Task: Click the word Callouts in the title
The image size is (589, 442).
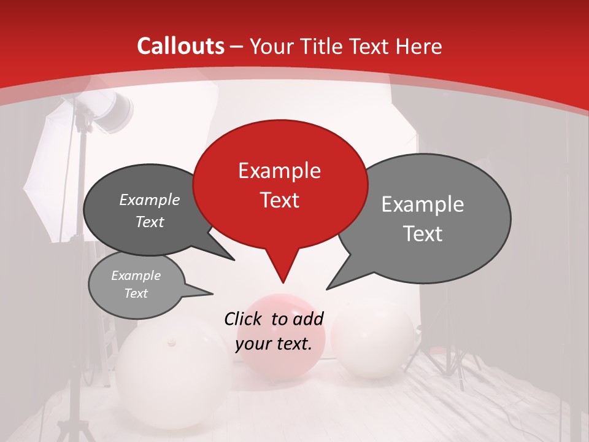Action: [180, 46]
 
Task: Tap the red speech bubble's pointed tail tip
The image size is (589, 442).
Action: [283, 282]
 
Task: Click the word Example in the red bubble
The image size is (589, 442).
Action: [279, 171]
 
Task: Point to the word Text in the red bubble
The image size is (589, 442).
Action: [279, 200]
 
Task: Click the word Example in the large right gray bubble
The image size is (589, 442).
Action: [423, 204]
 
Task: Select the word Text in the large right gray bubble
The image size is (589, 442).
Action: [423, 234]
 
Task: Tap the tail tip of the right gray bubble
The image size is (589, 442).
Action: [327, 289]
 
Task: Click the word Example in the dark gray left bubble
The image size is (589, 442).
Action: [150, 200]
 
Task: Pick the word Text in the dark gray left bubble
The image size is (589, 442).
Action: [150, 222]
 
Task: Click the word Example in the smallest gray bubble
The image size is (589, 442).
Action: [136, 276]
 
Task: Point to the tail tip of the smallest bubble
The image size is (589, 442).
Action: [212, 294]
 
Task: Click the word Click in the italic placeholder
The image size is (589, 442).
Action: [245, 319]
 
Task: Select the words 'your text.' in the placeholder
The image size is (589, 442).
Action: [274, 344]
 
